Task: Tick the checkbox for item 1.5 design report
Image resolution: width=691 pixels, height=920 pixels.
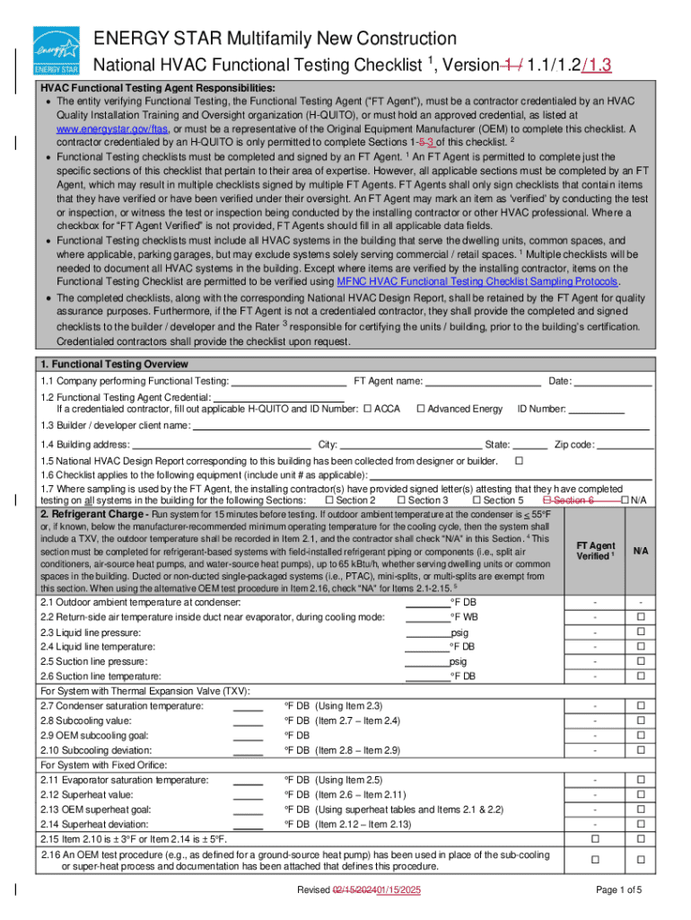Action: tap(519, 461)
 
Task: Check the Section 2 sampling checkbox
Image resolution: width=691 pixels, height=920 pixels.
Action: tap(329, 500)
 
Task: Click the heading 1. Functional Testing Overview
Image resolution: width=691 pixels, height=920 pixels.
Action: tap(114, 365)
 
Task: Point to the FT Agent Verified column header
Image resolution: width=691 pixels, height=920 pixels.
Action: tap(595, 551)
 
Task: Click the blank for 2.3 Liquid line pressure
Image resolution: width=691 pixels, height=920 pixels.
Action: tap(427, 632)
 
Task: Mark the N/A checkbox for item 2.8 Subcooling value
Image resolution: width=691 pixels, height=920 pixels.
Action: tap(641, 721)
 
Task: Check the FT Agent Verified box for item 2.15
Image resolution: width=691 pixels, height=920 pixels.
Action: tap(595, 838)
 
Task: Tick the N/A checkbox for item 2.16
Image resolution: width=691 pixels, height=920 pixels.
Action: tap(641, 860)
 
